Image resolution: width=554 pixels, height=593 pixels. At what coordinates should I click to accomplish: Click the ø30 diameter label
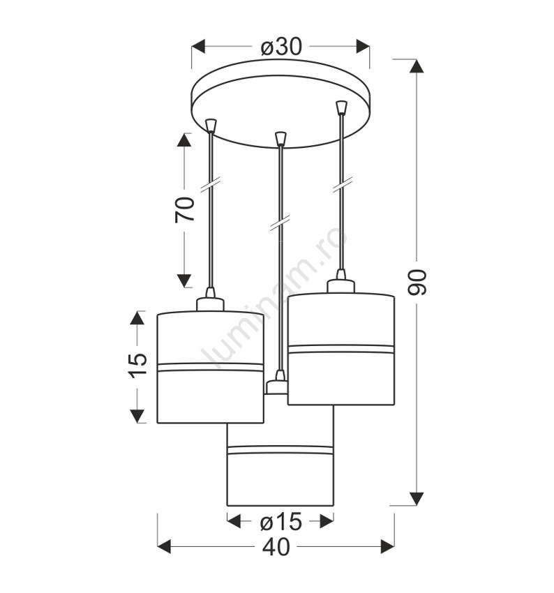(x=281, y=47)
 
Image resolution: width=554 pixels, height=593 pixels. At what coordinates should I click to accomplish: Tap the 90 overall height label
(x=417, y=283)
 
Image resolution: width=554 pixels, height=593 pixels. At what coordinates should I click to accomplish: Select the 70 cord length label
(x=185, y=209)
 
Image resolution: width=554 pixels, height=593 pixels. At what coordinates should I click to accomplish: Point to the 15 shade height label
(x=137, y=366)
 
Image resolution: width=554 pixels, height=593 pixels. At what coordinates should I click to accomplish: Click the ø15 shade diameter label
(x=281, y=523)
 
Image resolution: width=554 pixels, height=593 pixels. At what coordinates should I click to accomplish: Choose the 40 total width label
(x=276, y=547)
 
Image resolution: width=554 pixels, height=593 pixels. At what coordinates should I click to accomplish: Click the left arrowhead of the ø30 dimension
(x=198, y=47)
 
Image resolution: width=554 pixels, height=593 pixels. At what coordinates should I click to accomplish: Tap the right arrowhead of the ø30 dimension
(x=363, y=47)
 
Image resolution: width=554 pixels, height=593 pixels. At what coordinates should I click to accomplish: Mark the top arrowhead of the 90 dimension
(x=417, y=66)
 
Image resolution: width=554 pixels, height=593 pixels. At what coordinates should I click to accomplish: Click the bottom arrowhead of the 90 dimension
(x=417, y=498)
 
